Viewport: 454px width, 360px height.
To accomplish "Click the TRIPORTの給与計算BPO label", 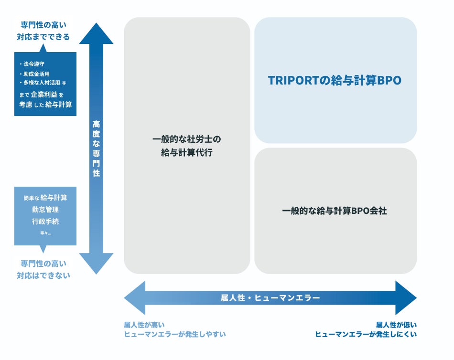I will [335, 81].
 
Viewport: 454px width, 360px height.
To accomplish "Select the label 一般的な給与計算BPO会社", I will [335, 211].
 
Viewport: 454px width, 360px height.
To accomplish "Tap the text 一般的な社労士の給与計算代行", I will [187, 146].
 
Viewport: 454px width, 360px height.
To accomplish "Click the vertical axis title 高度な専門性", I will [96, 148].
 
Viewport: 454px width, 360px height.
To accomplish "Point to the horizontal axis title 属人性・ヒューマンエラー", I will [270, 298].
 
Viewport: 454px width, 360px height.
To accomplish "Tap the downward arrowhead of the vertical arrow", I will [96, 264].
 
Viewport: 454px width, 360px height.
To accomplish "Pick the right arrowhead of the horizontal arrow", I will [406, 298].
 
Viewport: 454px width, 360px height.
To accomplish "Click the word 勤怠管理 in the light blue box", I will [45, 209].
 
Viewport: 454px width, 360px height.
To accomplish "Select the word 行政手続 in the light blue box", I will [45, 221].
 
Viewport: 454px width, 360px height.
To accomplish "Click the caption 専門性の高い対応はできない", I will [43, 269].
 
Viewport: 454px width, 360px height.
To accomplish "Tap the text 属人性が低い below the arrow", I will [396, 325].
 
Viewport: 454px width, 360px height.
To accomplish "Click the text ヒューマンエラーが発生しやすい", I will [174, 334].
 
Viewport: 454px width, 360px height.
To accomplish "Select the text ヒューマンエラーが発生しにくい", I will [366, 334].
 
